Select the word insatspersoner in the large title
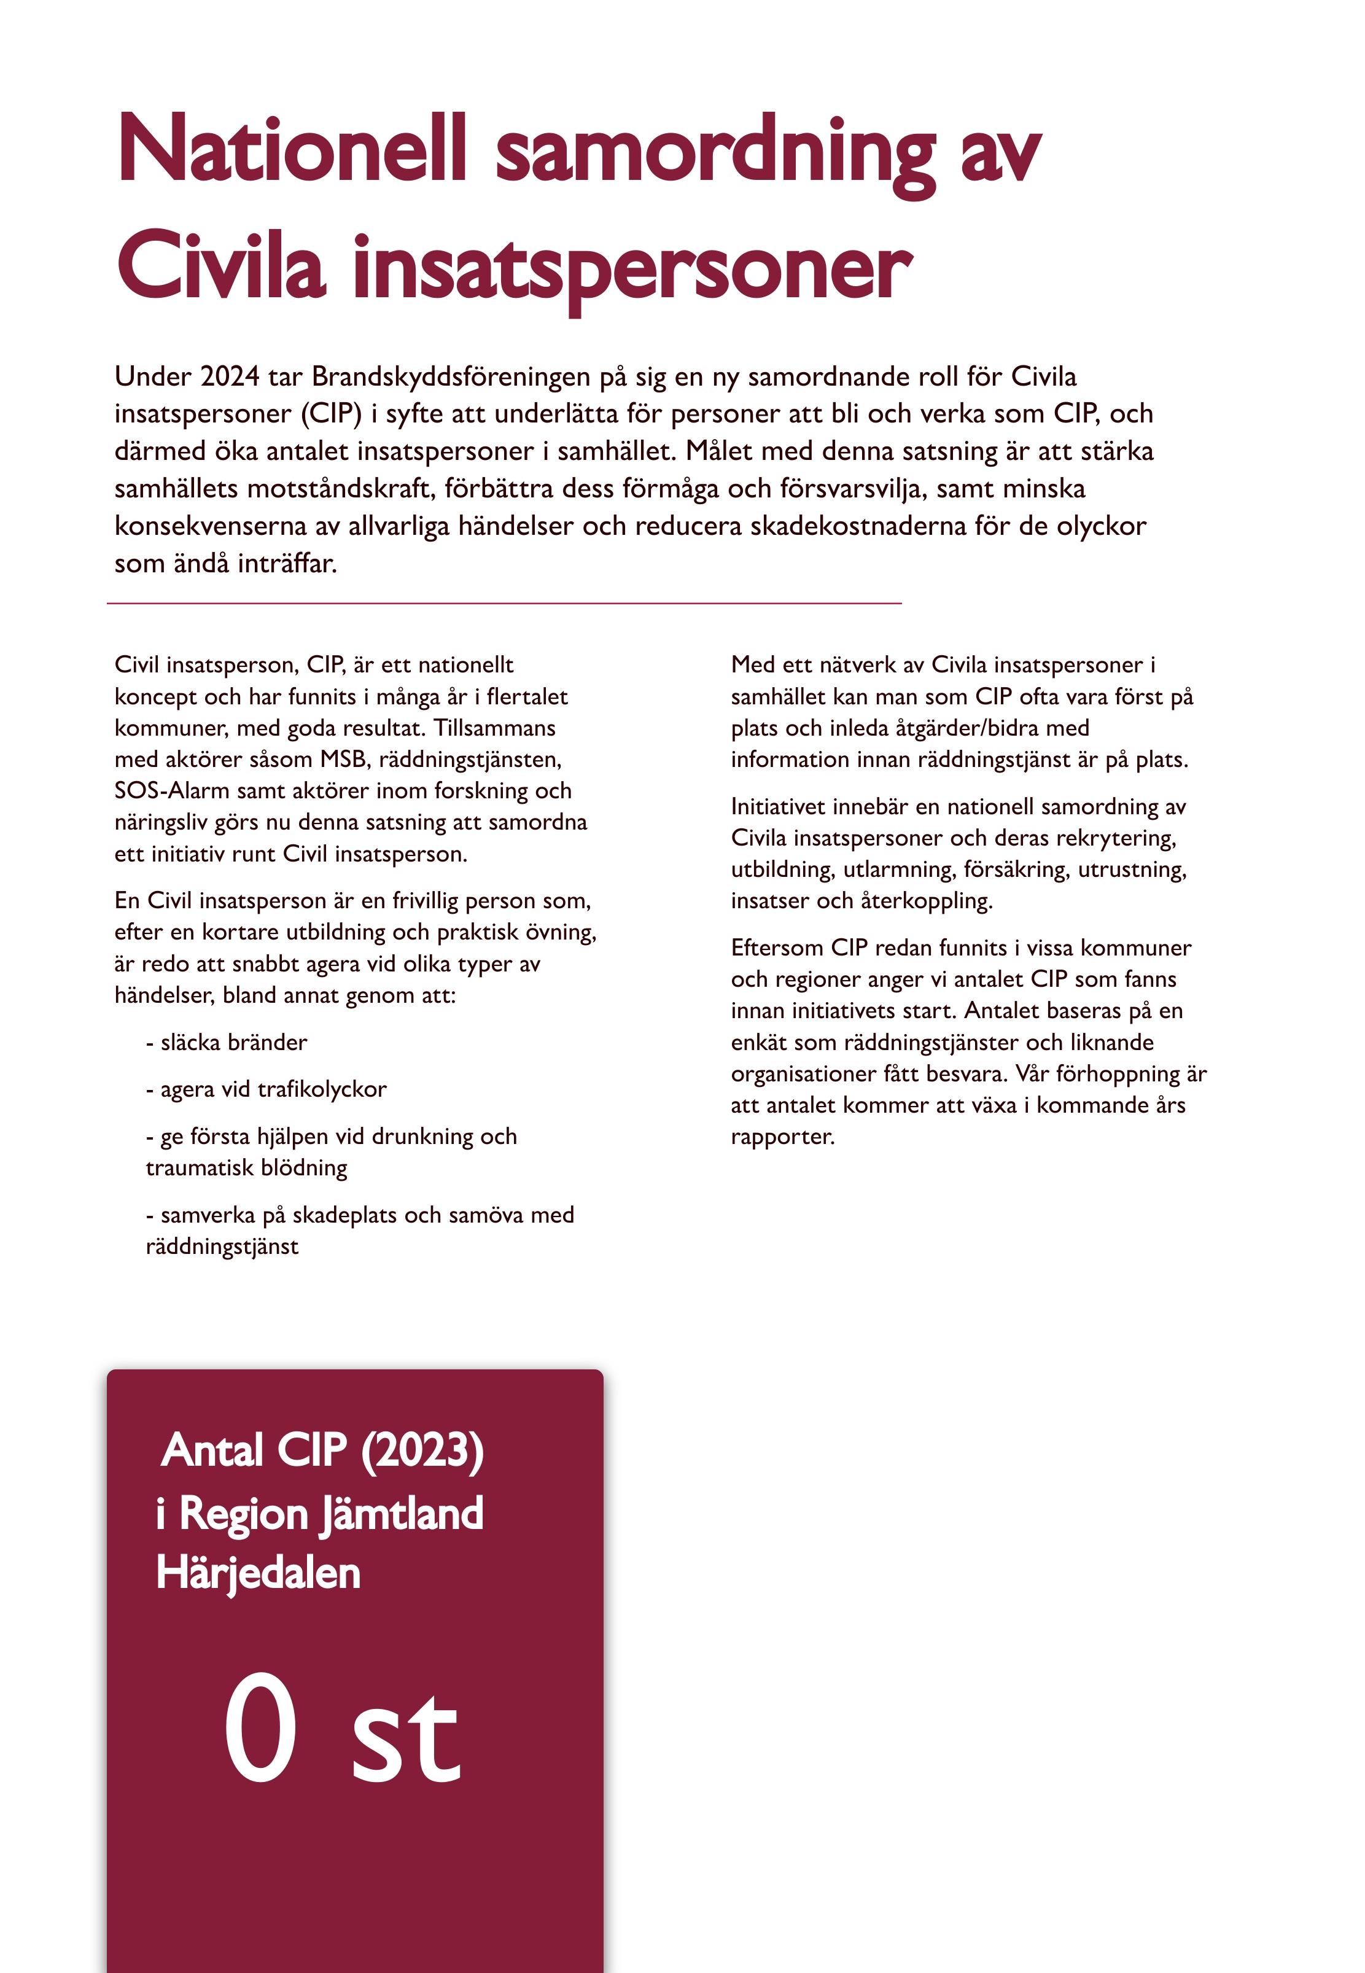[x=633, y=270]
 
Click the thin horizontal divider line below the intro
[x=505, y=604]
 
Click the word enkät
[x=761, y=1043]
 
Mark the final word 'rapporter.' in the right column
[x=782, y=1137]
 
